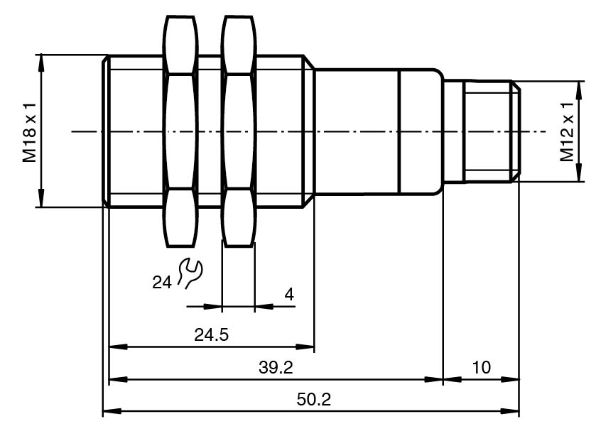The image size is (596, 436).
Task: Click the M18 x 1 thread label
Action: click(28, 131)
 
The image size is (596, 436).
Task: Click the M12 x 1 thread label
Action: click(566, 131)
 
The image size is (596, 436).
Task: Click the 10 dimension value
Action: click(481, 367)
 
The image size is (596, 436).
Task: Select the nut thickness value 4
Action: click(288, 294)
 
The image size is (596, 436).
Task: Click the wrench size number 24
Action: click(162, 283)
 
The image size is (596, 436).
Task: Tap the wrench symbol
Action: click(189, 273)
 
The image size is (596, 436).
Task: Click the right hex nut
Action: click(238, 131)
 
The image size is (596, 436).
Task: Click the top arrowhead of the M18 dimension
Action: click(41, 61)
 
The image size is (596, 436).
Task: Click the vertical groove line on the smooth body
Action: click(399, 131)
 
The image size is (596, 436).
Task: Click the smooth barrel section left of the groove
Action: click(355, 131)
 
